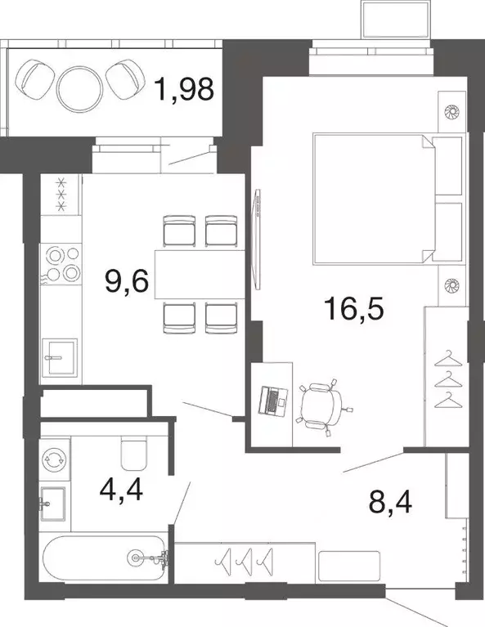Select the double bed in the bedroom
point(376,198)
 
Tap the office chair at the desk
point(322,404)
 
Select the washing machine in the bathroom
point(56,459)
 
